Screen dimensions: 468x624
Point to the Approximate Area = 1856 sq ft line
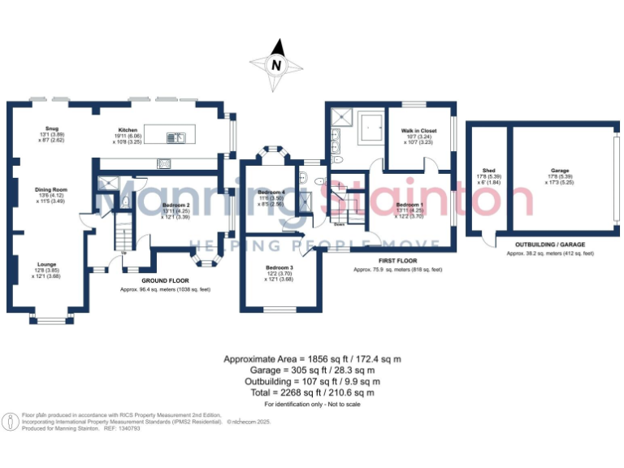[x=312, y=358]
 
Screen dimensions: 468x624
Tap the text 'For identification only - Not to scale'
[x=312, y=404]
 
